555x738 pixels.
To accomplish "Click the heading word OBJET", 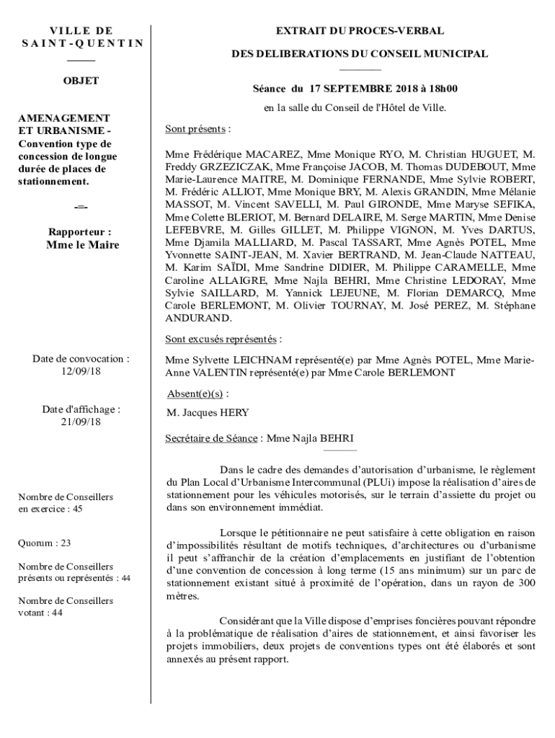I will [x=81, y=81].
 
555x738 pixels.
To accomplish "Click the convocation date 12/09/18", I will [x=81, y=370].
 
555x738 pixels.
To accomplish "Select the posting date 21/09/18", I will [x=81, y=422].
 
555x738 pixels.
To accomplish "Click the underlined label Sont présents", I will [x=195, y=130].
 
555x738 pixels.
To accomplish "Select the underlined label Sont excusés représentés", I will [x=221, y=339].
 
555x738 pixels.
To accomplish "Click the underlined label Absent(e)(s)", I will [x=194, y=394].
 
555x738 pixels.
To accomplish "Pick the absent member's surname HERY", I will [x=235, y=413].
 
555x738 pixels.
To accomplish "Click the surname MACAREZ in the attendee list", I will [x=276, y=154].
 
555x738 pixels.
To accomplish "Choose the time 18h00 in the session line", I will [x=441, y=89].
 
